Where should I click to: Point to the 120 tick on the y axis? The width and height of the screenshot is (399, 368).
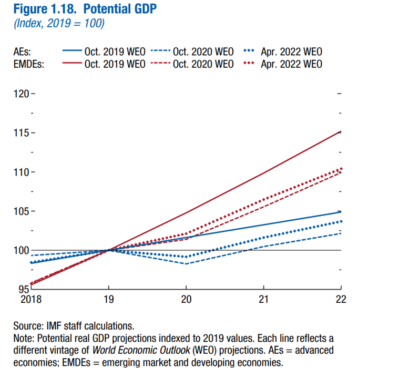[x=21, y=94]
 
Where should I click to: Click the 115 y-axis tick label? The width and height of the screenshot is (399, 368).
[x=21, y=133]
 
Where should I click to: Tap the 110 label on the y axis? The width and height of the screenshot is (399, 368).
[x=21, y=172]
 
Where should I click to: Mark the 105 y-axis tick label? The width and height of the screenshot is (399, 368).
[x=21, y=211]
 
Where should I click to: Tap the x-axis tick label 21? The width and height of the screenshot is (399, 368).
[x=263, y=299]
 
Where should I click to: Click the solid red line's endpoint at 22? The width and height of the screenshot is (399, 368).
[x=340, y=131]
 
